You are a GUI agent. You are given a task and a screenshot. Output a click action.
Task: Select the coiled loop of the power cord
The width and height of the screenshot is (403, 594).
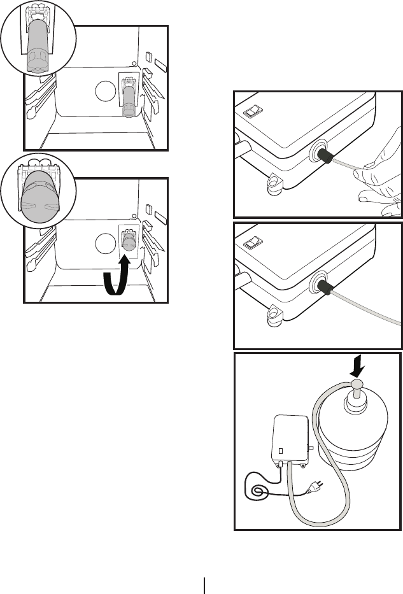click(x=258, y=491)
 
